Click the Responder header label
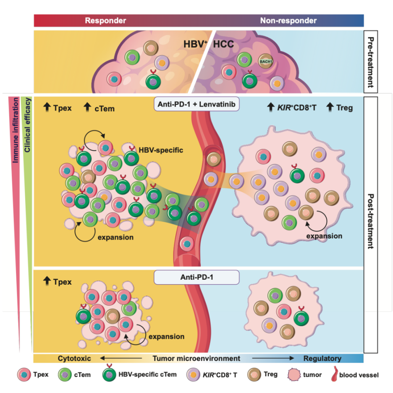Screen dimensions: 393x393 click(105, 21)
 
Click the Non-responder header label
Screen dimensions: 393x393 click(288, 21)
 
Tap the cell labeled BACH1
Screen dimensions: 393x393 click(266, 61)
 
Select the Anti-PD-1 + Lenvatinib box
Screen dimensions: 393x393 click(196, 104)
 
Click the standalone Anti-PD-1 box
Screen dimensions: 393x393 click(196, 277)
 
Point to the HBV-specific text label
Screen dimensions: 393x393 click(161, 150)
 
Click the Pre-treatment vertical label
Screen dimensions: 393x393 click(371, 62)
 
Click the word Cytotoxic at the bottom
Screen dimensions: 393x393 click(74, 359)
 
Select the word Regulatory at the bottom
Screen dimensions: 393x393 click(322, 359)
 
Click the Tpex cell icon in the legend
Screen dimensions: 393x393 click(24, 375)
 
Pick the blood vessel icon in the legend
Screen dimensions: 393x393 click(334, 374)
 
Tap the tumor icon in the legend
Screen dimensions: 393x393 click(294, 375)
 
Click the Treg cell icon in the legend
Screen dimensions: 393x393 click(254, 375)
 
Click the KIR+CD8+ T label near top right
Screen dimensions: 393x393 click(297, 108)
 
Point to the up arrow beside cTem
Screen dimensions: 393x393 click(87, 107)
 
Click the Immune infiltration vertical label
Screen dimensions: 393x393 click(16, 130)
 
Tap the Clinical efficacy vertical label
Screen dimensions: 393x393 click(27, 125)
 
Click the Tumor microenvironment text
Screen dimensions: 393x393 click(196, 359)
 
